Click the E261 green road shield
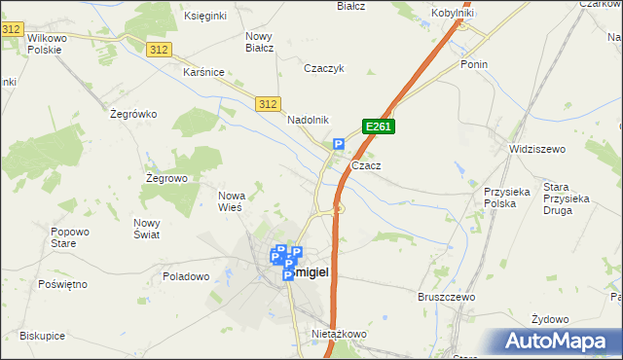379,126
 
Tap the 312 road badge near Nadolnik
270,104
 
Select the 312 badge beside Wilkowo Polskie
12,30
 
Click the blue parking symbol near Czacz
339,145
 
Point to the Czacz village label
366,165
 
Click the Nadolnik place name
309,120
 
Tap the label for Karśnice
204,72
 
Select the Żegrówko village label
134,114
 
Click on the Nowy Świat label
147,228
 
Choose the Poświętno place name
63,284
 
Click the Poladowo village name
187,276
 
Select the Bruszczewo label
446,296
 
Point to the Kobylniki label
453,14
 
